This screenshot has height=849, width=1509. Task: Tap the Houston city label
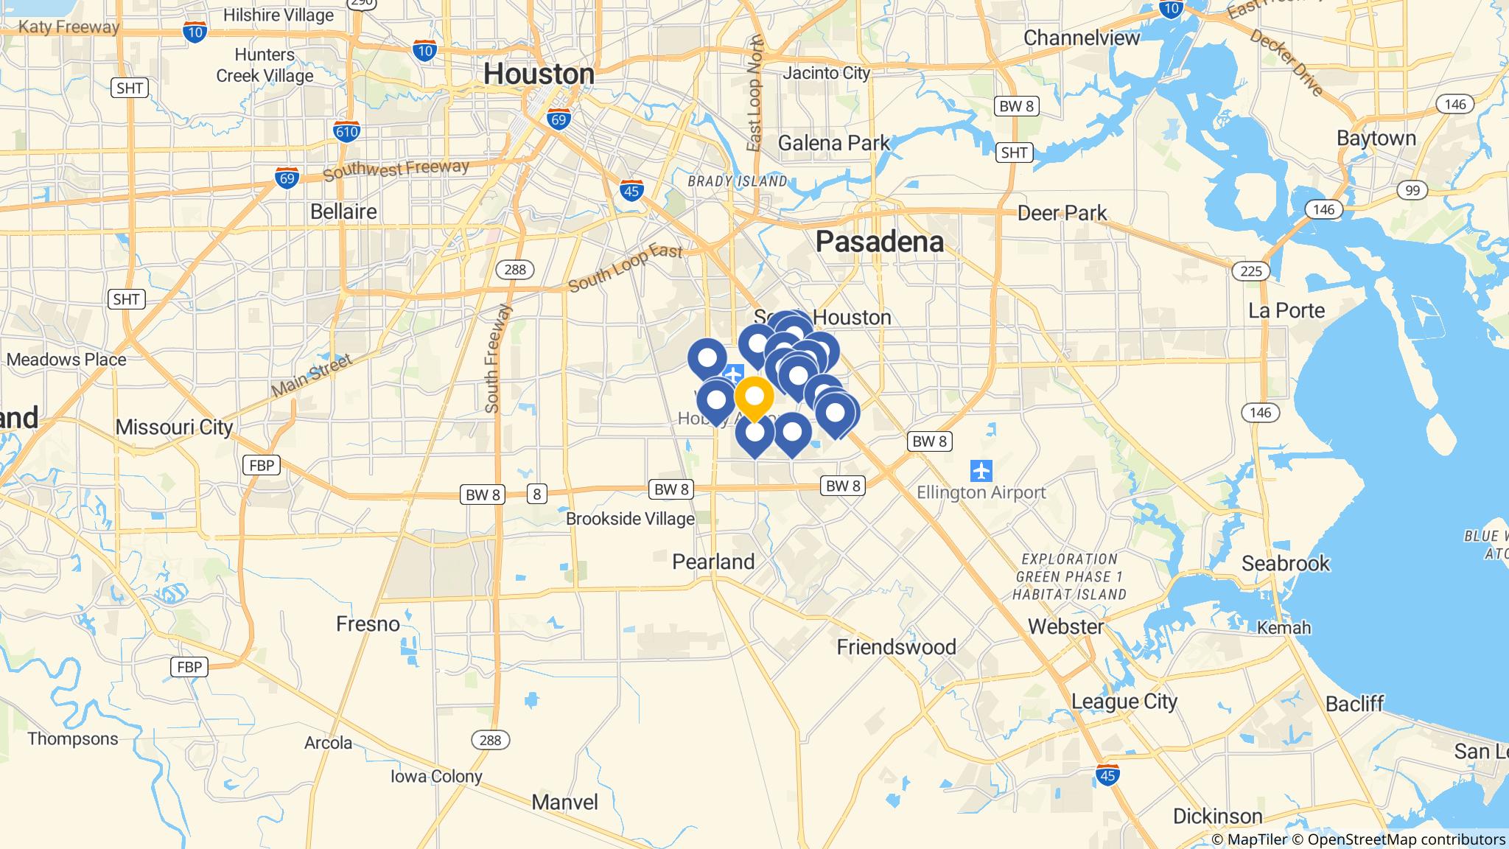coord(539,74)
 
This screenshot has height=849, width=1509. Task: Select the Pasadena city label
coord(879,242)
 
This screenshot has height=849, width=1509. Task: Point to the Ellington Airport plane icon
coord(981,469)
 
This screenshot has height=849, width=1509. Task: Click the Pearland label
coord(713,562)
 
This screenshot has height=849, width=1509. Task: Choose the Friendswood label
coord(896,647)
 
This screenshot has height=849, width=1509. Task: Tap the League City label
coord(1124,701)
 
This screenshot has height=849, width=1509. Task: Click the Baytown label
coord(1376,139)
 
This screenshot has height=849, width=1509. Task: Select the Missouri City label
coord(174,427)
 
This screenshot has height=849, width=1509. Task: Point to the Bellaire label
coord(343,212)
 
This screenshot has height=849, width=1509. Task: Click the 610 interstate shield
coord(346,132)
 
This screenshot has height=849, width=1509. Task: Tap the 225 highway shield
coord(1250,271)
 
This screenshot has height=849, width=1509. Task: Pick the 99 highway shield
coord(1412,191)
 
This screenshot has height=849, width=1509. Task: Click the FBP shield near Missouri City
coord(261,465)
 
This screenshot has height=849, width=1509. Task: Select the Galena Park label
coord(833,142)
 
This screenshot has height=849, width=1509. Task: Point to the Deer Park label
coord(1062,213)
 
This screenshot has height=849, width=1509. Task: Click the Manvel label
coord(564,802)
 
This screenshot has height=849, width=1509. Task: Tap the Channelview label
coord(1082,38)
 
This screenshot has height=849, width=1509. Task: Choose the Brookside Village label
coord(630,519)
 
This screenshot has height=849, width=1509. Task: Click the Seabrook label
coord(1285,564)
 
